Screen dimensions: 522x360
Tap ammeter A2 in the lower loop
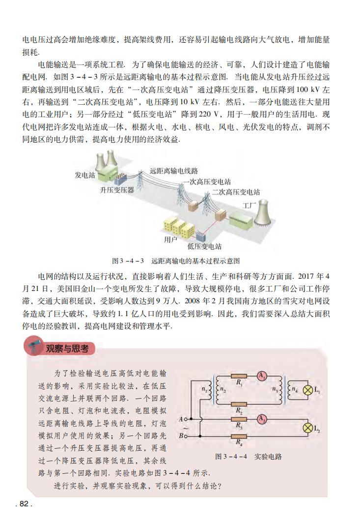tap(261, 419)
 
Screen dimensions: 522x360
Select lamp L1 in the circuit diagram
tap(308, 391)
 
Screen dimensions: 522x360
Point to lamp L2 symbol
tap(308, 428)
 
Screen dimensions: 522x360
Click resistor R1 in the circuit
tap(239, 376)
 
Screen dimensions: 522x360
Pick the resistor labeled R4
tap(239, 435)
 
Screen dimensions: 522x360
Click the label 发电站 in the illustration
tap(84, 175)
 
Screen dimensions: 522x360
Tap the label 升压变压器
tap(117, 190)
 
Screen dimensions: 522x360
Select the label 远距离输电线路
tap(174, 171)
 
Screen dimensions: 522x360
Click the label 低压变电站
tap(204, 246)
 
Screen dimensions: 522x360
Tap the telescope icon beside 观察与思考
tap(33, 348)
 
